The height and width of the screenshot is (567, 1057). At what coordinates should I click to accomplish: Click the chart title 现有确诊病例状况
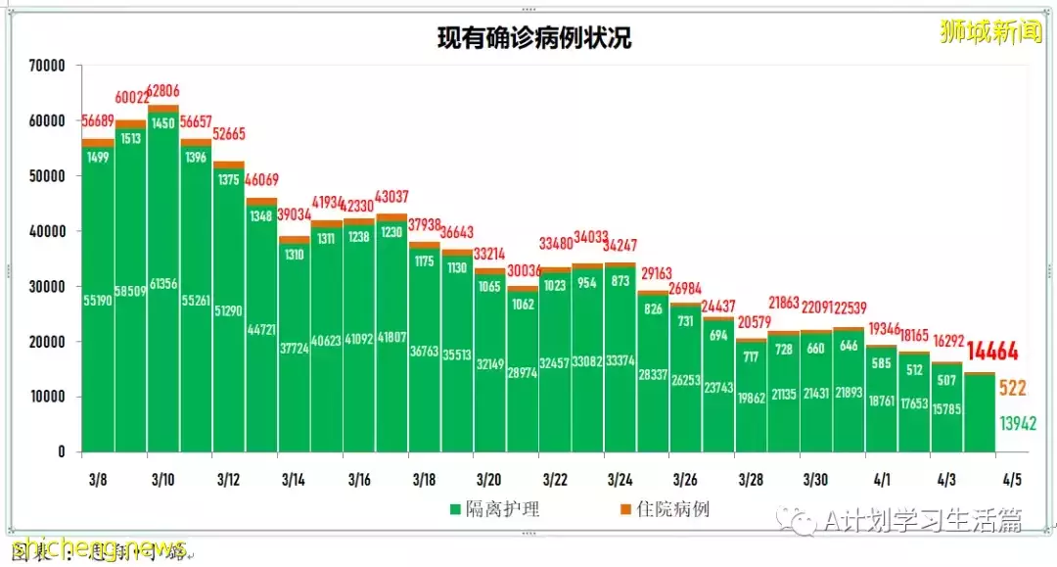533,38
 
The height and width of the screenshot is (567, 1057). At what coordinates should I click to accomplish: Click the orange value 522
1012,389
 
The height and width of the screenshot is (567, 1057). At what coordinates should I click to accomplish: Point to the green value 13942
1017,424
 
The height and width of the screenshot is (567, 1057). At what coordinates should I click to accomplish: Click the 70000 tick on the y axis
46,66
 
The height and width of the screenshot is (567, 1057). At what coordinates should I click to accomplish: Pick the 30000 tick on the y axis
46,287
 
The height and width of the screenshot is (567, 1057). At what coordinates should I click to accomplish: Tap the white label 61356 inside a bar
163,284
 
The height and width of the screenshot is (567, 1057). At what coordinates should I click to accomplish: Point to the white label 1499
97,158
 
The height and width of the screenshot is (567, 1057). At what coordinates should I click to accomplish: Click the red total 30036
523,271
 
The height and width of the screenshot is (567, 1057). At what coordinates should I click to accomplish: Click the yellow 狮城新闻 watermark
990,31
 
